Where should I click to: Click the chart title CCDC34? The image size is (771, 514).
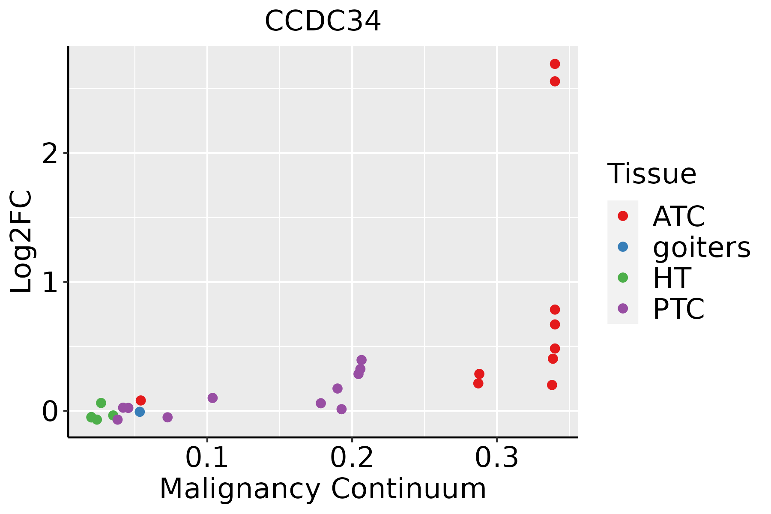click(323, 21)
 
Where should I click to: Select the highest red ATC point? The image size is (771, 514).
click(555, 64)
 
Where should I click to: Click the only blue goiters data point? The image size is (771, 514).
click(140, 412)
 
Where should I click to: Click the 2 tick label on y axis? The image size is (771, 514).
click(50, 153)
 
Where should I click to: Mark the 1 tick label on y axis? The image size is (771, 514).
click(50, 282)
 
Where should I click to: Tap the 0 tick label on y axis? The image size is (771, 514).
click(50, 412)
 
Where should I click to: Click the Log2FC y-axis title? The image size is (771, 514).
click(21, 242)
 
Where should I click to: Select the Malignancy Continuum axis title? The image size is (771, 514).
click(323, 489)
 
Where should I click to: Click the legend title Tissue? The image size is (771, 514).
click(651, 174)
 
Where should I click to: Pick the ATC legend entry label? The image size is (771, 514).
click(678, 216)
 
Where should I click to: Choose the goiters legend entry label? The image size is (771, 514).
click(701, 247)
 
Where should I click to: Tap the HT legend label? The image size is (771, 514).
click(671, 278)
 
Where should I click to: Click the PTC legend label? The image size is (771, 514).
click(678, 309)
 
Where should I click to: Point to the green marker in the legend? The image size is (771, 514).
click(623, 278)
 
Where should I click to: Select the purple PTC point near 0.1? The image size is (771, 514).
click(212, 398)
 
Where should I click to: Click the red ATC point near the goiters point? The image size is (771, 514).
click(140, 400)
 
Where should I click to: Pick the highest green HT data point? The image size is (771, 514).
click(101, 403)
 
